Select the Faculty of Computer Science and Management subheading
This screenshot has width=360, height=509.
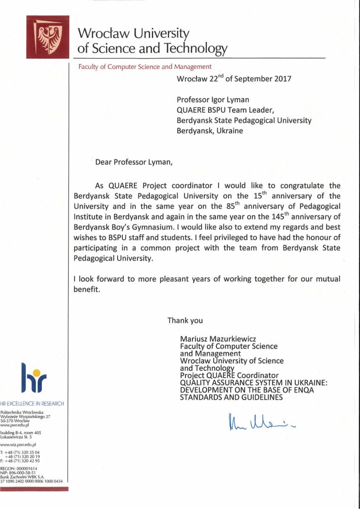[x=145, y=67]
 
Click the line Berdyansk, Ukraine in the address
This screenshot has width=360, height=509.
[x=210, y=131]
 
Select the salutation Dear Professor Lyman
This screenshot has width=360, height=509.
[x=132, y=162]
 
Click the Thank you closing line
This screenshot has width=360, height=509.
[x=185, y=321]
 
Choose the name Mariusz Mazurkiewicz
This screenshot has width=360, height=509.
[x=223, y=339]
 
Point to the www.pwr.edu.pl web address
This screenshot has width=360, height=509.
[x=15, y=425]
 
